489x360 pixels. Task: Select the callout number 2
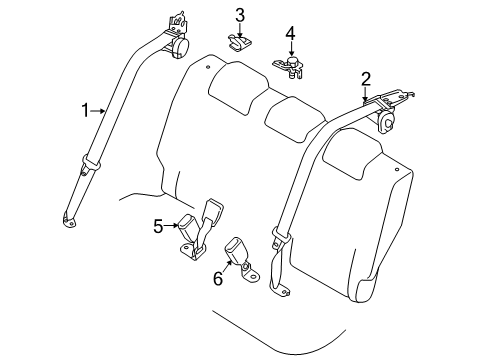click(x=366, y=78)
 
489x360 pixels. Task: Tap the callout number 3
click(x=240, y=14)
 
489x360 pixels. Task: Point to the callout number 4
click(x=290, y=36)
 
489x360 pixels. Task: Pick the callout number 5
click(x=158, y=226)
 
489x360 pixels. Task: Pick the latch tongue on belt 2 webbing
click(x=276, y=241)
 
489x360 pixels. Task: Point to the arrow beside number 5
click(x=172, y=226)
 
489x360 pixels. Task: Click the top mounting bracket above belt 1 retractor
click(x=176, y=20)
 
